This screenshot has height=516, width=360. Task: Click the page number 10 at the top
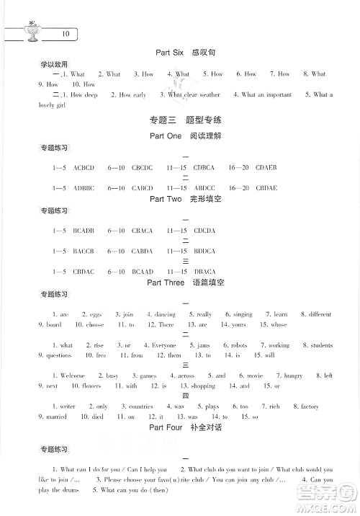pyautogui.click(x=66, y=34)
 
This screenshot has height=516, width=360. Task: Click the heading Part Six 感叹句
pyautogui.click(x=186, y=53)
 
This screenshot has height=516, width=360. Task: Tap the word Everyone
pyautogui.click(x=163, y=345)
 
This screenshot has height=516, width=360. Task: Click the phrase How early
pyautogui.click(x=132, y=94)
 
